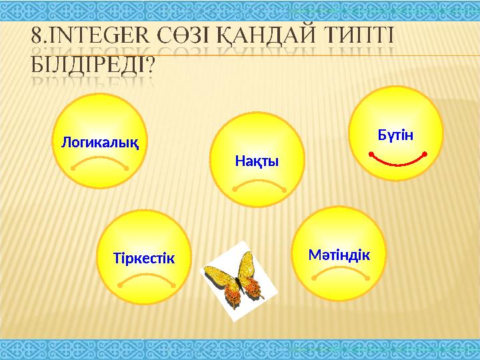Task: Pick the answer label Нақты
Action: coord(257,161)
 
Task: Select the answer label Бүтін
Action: coord(396,135)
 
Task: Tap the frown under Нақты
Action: coord(259,185)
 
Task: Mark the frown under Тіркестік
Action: coord(145,279)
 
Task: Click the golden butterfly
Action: coord(233,281)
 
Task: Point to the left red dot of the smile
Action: coord(370,154)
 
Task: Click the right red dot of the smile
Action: coord(425,154)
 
